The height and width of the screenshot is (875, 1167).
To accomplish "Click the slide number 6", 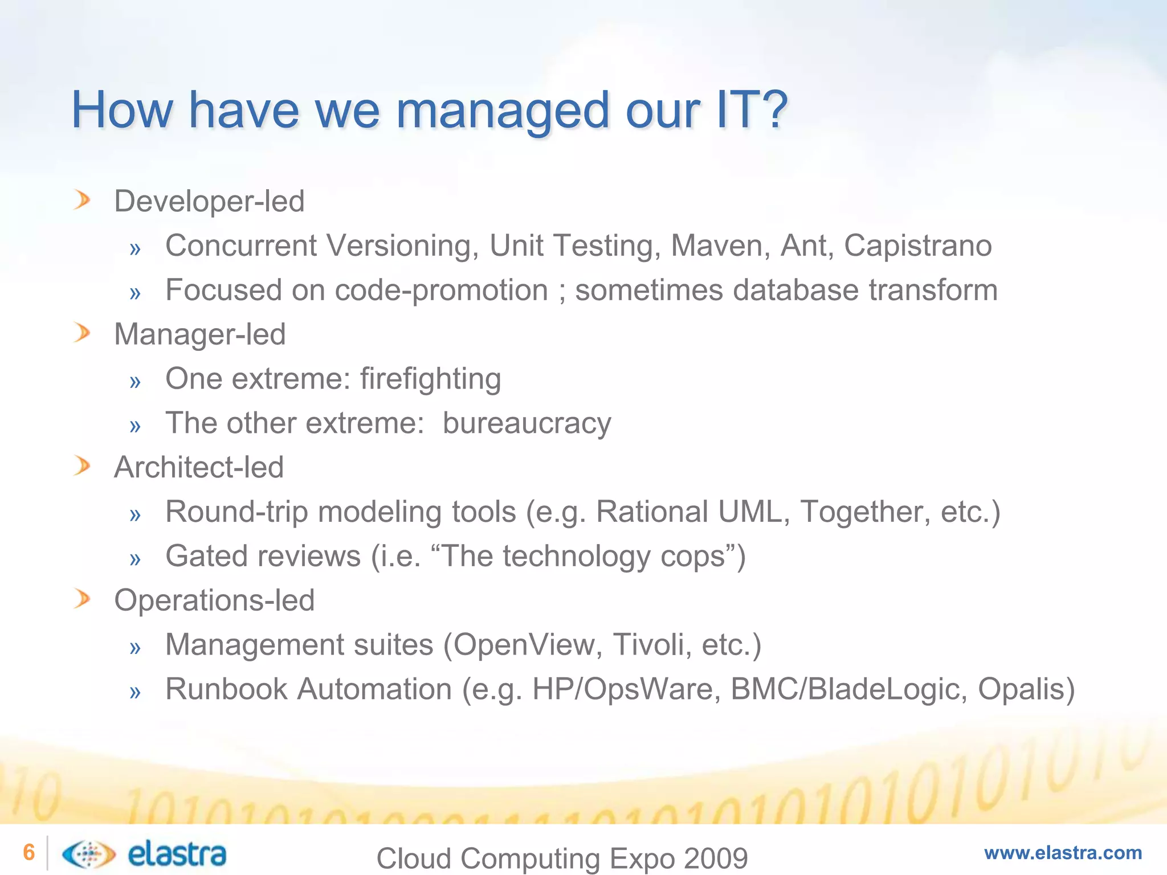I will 28,852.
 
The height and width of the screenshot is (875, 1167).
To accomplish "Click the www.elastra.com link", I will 1063,853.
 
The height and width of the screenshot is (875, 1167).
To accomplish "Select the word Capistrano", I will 917,246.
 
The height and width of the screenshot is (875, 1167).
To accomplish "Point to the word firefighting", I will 430,379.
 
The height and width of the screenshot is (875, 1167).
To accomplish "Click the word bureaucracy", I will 527,423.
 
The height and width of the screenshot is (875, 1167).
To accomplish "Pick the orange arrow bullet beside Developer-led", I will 82,201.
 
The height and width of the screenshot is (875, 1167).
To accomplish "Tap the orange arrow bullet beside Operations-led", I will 82,599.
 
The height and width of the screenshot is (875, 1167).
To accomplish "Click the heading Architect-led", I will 199,468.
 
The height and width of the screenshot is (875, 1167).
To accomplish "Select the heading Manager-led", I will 199,334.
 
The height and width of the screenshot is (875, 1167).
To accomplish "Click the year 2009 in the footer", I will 716,858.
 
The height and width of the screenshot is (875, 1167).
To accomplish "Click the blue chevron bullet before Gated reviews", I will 135,559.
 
